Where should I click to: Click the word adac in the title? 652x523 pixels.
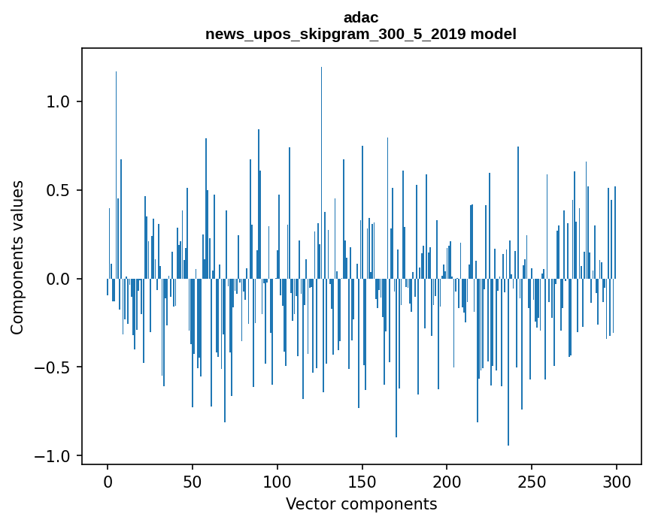pos(361,17)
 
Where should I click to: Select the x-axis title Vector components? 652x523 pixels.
pos(361,503)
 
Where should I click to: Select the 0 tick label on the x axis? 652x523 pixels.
pos(108,482)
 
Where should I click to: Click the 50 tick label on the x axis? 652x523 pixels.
pos(193,482)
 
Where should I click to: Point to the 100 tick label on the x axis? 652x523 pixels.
pos(277,482)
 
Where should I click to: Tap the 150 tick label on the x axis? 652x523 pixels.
pos(362,482)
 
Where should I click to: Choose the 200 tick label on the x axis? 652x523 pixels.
pos(447,482)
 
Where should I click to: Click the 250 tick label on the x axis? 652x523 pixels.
pos(532,482)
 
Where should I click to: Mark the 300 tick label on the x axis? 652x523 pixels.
pos(617,482)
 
